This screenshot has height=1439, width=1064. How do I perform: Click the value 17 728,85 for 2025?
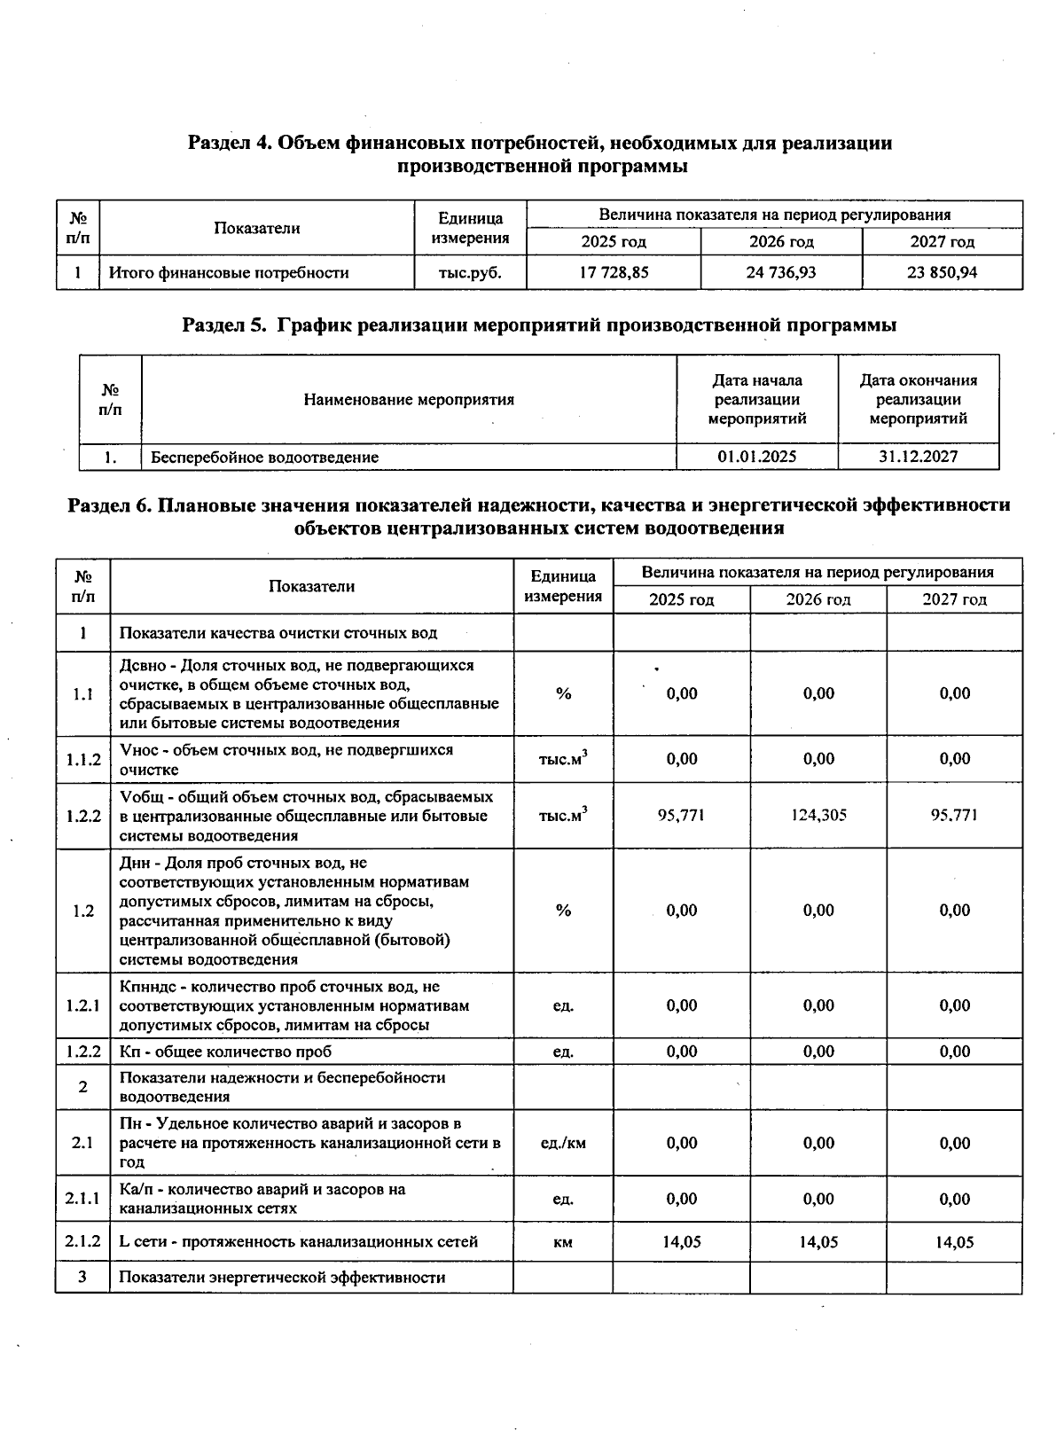[x=614, y=273]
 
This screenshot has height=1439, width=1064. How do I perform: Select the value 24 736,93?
[x=781, y=273]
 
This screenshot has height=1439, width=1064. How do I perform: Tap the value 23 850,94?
[x=942, y=273]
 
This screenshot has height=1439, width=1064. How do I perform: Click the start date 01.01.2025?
[x=756, y=458]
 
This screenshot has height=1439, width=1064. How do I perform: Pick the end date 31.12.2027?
[x=918, y=458]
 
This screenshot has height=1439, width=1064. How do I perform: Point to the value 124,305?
[x=818, y=816]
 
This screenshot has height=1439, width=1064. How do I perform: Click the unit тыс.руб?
[x=470, y=273]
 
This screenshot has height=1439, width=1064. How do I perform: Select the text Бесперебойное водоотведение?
[x=264, y=458]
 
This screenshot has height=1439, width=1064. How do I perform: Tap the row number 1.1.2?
[x=82, y=760]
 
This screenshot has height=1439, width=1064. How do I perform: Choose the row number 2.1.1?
[x=82, y=1199]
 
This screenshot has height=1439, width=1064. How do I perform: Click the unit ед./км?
[x=563, y=1143]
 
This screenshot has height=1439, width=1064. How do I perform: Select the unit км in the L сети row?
[x=563, y=1242]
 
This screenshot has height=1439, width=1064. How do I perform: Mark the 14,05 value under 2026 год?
[x=818, y=1242]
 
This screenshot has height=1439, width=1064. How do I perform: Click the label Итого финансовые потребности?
[x=229, y=273]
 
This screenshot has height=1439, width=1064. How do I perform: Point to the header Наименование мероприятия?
[x=409, y=400]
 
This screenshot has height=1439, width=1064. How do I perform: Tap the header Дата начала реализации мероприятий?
[x=756, y=400]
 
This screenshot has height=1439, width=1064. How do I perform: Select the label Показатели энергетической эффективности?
[x=282, y=1278]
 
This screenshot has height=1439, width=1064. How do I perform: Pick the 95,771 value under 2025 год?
[x=681, y=816]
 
